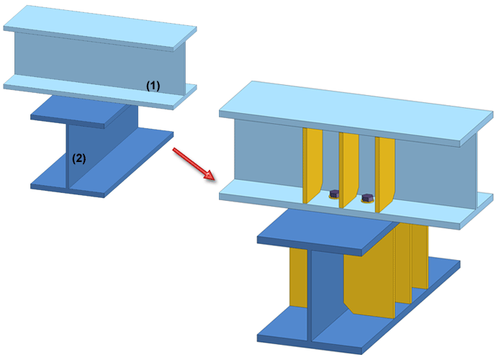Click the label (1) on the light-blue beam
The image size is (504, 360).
pos(153,85)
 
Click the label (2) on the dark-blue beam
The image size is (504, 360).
pos(78,159)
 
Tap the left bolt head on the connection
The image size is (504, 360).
pos(335,194)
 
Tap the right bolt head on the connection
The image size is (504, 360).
pos(366,197)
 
